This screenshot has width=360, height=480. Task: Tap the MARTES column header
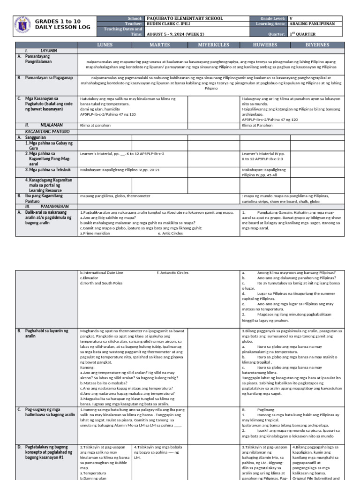pos(159,45)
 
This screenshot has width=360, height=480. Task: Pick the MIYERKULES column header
pos(213,45)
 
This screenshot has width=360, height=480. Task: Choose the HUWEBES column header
pos(265,45)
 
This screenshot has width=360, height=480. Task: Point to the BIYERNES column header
pos(318,45)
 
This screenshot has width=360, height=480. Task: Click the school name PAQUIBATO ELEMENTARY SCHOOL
pos(178,18)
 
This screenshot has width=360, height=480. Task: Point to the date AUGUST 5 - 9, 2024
pos(171,34)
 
